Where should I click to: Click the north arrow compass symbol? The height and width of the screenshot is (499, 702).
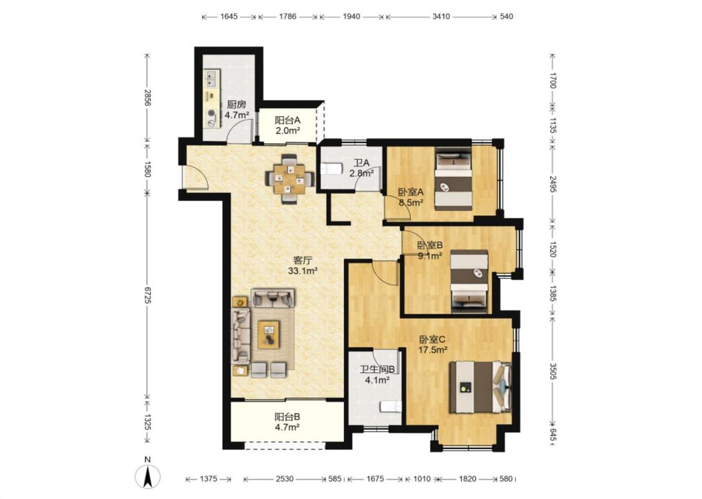tap(148, 476)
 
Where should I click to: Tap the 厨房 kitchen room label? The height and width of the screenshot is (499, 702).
tap(236, 105)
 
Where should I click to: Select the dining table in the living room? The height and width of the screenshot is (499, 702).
tap(291, 179)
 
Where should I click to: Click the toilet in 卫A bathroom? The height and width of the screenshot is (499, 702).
tap(331, 168)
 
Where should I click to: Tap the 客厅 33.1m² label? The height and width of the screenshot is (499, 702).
tap(303, 265)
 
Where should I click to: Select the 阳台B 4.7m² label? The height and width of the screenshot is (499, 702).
tap(287, 422)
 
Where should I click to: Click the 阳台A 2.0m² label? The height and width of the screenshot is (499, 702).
tap(287, 125)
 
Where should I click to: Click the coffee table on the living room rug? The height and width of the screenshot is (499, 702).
tap(268, 335)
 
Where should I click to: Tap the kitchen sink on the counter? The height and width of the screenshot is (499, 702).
tap(212, 79)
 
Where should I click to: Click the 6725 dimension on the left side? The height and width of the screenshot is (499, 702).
tap(147, 296)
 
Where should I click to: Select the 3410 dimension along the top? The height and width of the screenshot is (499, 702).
tap(441, 17)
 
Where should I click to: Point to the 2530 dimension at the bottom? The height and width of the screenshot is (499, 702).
tap(285, 479)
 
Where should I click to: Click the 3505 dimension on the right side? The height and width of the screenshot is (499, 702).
tap(552, 371)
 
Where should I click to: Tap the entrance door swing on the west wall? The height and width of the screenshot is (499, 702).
tap(196, 177)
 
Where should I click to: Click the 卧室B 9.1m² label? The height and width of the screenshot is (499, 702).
tap(430, 251)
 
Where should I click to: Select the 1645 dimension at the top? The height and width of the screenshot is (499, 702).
tap(229, 17)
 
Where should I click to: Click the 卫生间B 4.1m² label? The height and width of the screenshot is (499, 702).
tap(378, 375)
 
